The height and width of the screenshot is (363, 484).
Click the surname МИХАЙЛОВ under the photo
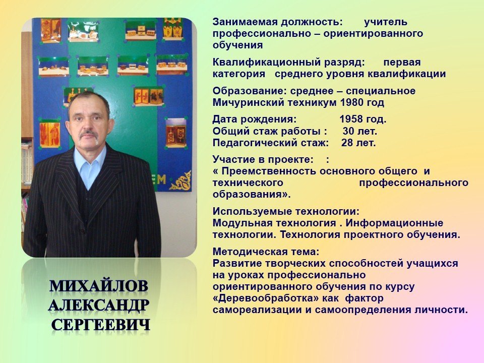pyautogui.click(x=99, y=286)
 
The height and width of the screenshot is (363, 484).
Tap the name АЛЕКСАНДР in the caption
pyautogui.click(x=99, y=306)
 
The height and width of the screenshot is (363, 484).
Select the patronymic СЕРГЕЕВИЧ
pyautogui.click(x=101, y=325)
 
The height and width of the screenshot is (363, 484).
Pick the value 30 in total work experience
pyautogui.click(x=348, y=131)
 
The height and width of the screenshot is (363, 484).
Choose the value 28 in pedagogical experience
pyautogui.click(x=347, y=143)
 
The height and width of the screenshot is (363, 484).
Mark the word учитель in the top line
pyautogui.click(x=386, y=22)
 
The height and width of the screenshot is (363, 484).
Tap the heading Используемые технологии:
pyautogui.click(x=286, y=211)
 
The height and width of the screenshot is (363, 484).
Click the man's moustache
pyautogui.click(x=89, y=134)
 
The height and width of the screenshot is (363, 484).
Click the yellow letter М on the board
pyautogui.click(x=161, y=179)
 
